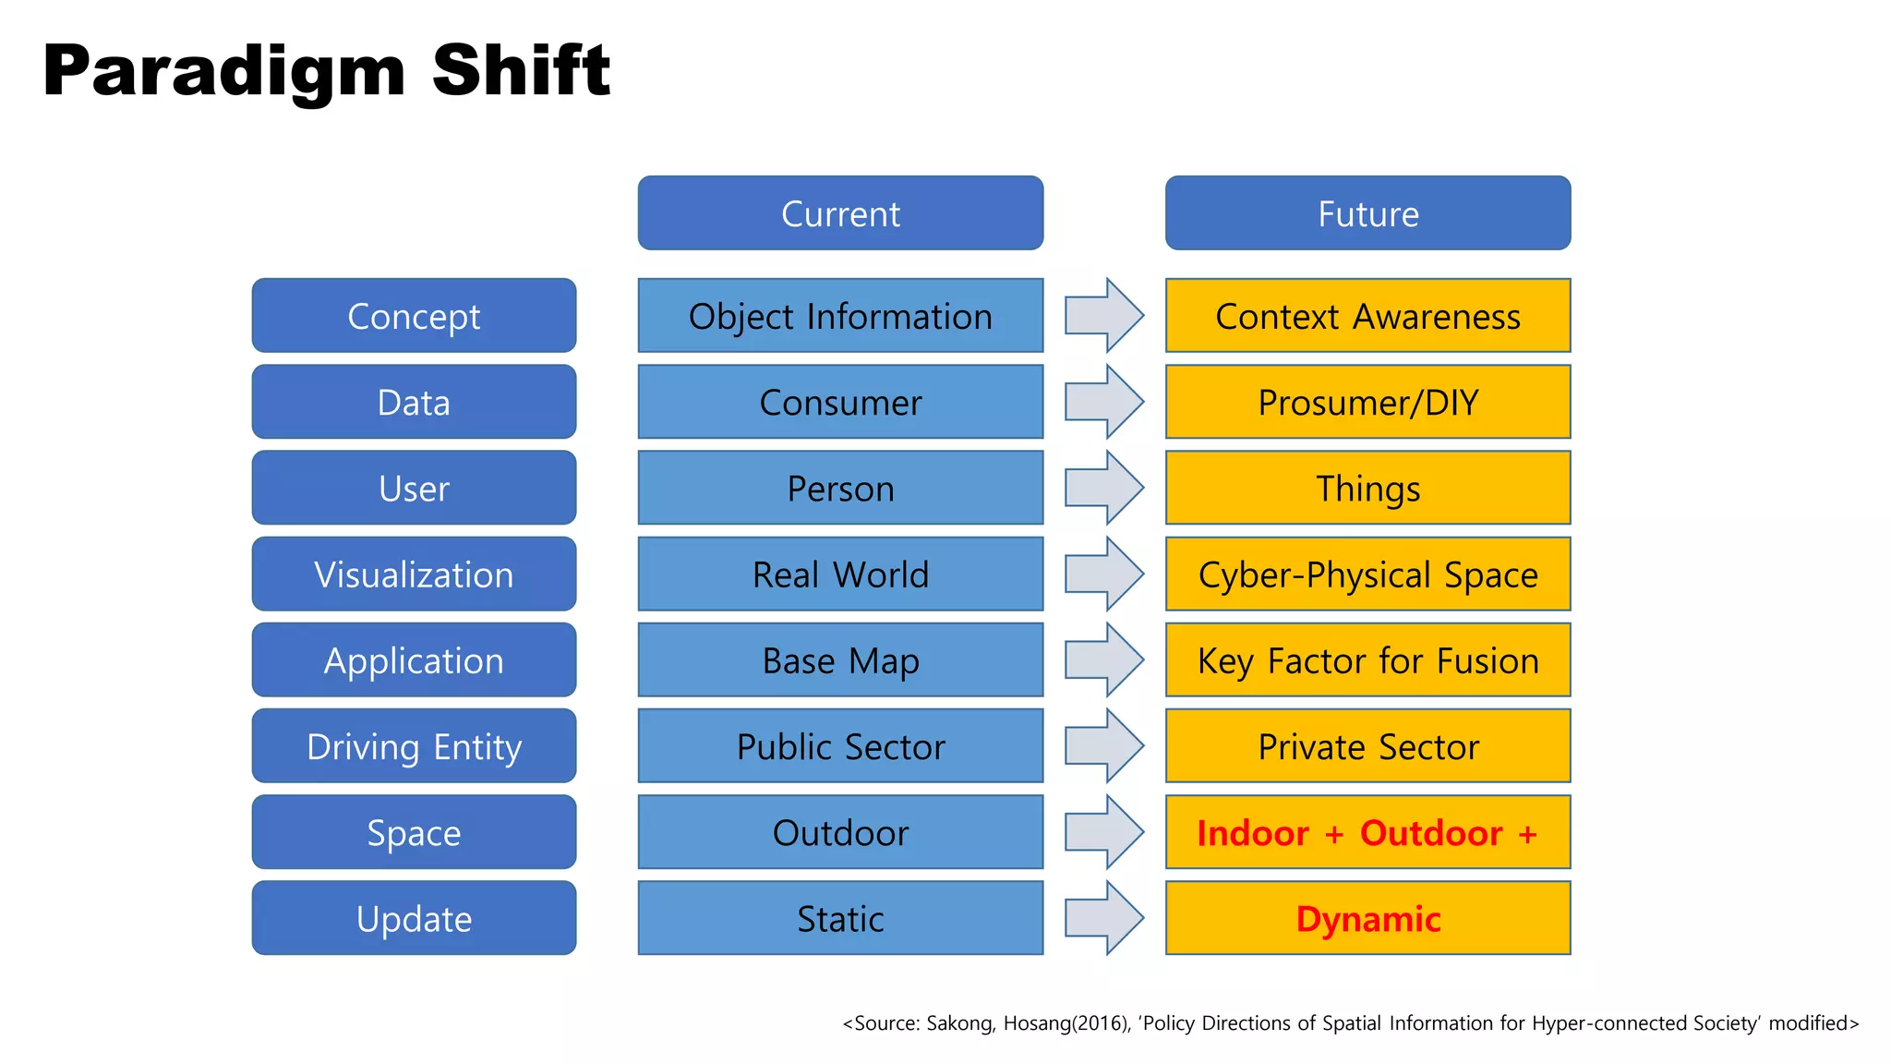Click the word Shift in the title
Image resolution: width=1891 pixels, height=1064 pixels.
point(521,70)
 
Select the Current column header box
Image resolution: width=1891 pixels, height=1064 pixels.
point(840,213)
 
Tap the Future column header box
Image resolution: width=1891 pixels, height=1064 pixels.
point(1367,213)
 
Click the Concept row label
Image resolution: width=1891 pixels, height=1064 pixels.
point(414,316)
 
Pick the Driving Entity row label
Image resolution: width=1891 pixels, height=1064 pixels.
point(414,746)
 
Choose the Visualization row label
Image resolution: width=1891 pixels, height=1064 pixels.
point(414,574)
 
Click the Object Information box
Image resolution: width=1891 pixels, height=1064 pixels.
point(840,316)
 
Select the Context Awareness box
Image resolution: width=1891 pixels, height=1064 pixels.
point(1367,316)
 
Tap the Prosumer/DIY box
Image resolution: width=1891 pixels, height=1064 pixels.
point(1367,402)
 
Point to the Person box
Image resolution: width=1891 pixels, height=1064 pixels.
point(840,488)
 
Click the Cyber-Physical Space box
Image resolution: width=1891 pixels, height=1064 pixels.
point(1367,574)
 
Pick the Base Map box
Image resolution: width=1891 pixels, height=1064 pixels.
point(840,660)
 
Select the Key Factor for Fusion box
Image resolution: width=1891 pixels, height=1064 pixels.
point(1367,660)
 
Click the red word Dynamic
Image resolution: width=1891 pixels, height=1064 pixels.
point(1367,919)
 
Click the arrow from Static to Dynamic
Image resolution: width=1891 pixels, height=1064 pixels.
point(1104,918)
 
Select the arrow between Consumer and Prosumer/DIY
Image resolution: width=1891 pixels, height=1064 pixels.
point(1104,402)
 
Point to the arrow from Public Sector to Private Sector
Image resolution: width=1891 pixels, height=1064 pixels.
point(1104,746)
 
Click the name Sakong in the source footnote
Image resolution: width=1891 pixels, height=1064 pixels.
point(959,1023)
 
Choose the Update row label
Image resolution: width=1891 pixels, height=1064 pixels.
point(414,919)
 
